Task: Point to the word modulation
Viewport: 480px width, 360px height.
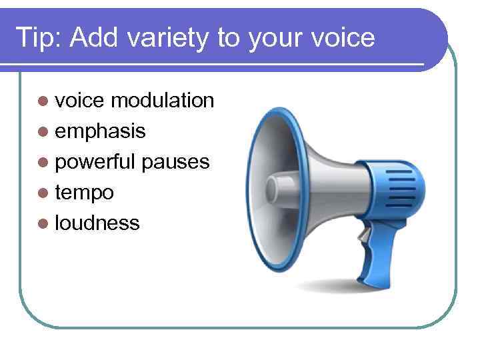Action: pos(162,100)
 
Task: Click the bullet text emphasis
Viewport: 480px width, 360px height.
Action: pos(100,131)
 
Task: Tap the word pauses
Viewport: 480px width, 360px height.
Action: pos(175,162)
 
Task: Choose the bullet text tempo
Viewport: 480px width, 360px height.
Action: pos(84,193)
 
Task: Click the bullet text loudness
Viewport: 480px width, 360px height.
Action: pos(97,223)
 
